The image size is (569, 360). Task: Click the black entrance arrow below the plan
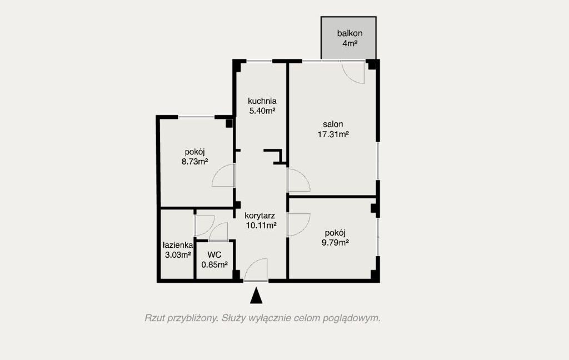(x=256, y=296)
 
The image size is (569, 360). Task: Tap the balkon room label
(x=350, y=33)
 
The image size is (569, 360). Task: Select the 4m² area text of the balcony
(x=350, y=43)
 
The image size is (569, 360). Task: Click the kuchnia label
(x=262, y=101)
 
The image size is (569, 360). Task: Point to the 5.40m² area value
(x=262, y=111)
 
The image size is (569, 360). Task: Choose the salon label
(x=333, y=124)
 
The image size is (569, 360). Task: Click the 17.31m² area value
(x=333, y=134)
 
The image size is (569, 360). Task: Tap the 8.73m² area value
(x=195, y=162)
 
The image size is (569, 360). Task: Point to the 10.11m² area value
(x=261, y=226)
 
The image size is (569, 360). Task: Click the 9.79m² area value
(x=335, y=242)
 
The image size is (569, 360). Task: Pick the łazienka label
(x=178, y=245)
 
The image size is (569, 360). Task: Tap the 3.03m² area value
(x=178, y=255)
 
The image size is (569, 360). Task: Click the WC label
(x=214, y=254)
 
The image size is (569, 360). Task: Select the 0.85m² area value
(x=214, y=264)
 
